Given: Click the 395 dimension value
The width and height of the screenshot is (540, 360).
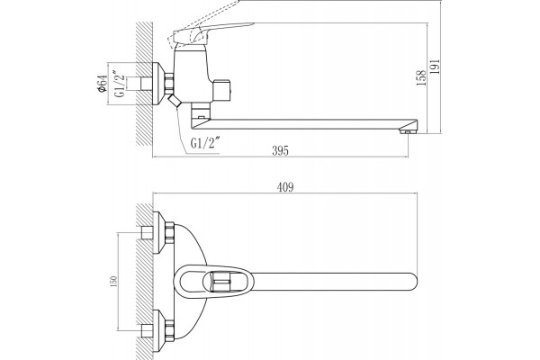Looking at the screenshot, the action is (x=280, y=150).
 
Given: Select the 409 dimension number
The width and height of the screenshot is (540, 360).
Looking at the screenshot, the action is (x=285, y=187).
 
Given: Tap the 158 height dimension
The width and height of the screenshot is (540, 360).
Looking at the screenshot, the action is (x=421, y=78).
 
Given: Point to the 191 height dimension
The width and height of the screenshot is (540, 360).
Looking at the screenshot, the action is (x=436, y=67).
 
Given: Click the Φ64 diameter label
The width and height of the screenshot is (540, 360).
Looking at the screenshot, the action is (x=103, y=84).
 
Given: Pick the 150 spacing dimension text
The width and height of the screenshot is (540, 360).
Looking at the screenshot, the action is (x=114, y=281).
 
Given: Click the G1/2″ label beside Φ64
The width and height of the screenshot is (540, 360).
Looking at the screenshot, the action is (x=120, y=84).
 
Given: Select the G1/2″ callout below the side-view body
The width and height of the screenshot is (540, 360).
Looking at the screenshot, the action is (x=205, y=142).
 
